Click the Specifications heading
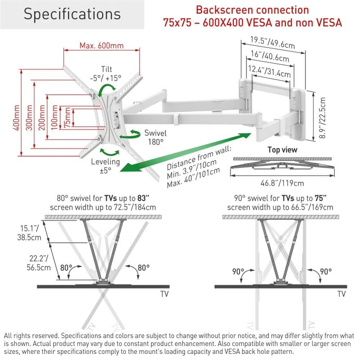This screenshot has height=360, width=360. pyautogui.click(x=72, y=14)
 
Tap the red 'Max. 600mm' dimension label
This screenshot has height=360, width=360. pyautogui.click(x=102, y=46)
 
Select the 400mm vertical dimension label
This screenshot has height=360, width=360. pyautogui.click(x=16, y=118)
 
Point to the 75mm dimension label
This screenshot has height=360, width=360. pyautogui.click(x=67, y=117)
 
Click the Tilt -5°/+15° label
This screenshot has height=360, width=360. pyautogui.click(x=105, y=74)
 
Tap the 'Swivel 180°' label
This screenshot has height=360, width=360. pyautogui.click(x=156, y=137)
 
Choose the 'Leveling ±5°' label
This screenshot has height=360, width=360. pyautogui.click(x=105, y=166)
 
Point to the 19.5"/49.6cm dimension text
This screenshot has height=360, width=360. pyautogui.click(x=273, y=42)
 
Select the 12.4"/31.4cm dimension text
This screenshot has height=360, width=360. pyautogui.click(x=269, y=71)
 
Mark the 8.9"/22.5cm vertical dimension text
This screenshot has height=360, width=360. pyautogui.click(x=322, y=118)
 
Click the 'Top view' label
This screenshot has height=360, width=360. pyautogui.click(x=282, y=150)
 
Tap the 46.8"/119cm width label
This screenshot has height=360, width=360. pyautogui.click(x=282, y=183)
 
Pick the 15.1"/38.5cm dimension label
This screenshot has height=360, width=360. pyautogui.click(x=29, y=233)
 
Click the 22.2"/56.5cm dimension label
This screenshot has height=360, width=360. pyautogui.click(x=39, y=263)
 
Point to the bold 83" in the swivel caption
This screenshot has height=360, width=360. pyautogui.click(x=143, y=198)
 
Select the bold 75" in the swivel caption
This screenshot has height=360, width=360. pyautogui.click(x=320, y=198)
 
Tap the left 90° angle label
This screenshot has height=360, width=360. pyautogui.click(x=238, y=271)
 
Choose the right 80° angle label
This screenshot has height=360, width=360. pyautogui.click(x=144, y=268)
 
